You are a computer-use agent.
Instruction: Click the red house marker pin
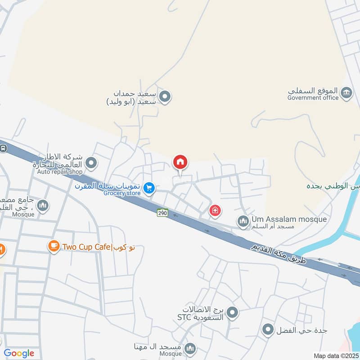pyautogui.click(x=180, y=162)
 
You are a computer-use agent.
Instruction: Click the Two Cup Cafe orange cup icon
pyautogui.click(x=54, y=246)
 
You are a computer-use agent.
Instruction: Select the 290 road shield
pyautogui.click(x=162, y=213)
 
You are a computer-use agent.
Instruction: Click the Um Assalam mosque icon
pyautogui.click(x=243, y=221)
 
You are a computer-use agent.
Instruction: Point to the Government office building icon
pyautogui.click(x=346, y=94)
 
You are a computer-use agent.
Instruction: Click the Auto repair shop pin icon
pyautogui.click(x=92, y=163)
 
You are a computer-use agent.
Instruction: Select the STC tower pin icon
pyautogui.click(x=232, y=311)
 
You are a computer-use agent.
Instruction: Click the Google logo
pyautogui.click(x=19, y=353)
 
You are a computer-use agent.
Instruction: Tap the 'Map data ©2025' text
pyautogui.click(x=336, y=355)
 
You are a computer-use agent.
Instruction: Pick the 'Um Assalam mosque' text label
pyautogui.click(x=288, y=219)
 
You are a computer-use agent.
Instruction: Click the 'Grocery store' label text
pyautogui.click(x=122, y=193)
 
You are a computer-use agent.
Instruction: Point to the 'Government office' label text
pyautogui.click(x=313, y=98)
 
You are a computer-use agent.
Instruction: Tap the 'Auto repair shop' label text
pyautogui.click(x=60, y=171)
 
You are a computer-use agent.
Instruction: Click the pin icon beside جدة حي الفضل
pyautogui.click(x=268, y=330)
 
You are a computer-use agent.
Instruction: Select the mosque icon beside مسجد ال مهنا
pyautogui.click(x=190, y=348)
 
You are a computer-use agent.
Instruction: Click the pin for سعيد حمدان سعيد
pyautogui.click(x=166, y=96)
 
